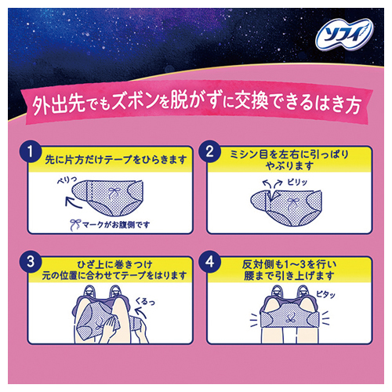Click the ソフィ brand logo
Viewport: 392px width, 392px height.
point(345,35)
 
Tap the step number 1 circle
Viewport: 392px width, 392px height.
point(31,152)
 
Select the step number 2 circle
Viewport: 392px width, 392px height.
point(209,151)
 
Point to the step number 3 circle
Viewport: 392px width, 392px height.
point(31,262)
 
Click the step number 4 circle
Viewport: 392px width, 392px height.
point(209,262)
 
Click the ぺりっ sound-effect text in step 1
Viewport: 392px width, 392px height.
point(67,180)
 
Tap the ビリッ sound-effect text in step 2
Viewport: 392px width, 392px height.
point(297,182)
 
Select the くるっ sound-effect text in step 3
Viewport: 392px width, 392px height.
point(145,301)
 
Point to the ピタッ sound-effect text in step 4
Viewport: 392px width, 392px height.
point(325,294)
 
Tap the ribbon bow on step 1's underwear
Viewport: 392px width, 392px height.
point(114,193)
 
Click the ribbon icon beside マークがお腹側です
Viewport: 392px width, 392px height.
point(75,225)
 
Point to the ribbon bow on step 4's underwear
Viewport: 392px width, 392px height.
point(289,319)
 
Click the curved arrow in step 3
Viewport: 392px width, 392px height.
point(140,312)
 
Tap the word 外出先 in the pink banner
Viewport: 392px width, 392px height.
point(59,104)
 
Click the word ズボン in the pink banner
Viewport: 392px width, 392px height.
point(136,101)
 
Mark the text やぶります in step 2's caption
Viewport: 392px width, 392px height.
point(289,165)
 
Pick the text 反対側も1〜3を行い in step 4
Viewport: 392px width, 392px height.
point(289,265)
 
